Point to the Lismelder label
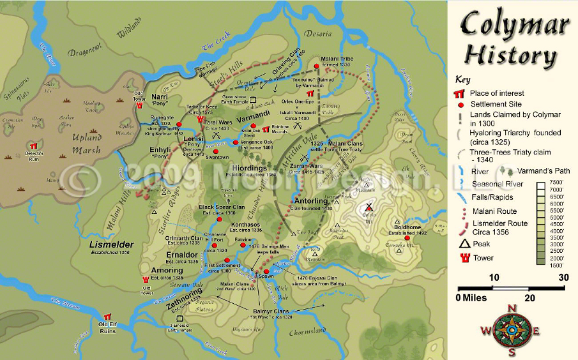(x=112, y=244)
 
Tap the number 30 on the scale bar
(x=563, y=278)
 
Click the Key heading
(x=463, y=80)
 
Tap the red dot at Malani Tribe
(x=316, y=65)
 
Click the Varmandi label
(x=255, y=119)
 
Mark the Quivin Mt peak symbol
(x=369, y=207)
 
